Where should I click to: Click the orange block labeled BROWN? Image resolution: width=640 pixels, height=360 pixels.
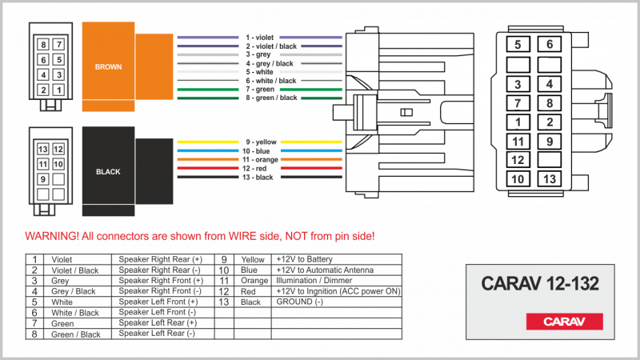[x=109, y=66]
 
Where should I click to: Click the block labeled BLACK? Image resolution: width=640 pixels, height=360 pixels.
[x=109, y=171]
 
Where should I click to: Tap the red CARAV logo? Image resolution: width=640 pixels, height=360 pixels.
[x=565, y=322]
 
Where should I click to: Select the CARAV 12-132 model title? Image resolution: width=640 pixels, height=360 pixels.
[x=540, y=283]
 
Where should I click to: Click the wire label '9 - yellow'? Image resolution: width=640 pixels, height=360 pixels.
[x=261, y=142]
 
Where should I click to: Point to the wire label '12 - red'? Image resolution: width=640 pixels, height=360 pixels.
[x=254, y=168]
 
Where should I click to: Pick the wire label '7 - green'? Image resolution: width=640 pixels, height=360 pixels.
[x=260, y=90]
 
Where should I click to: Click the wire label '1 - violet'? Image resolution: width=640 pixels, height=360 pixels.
[x=259, y=38]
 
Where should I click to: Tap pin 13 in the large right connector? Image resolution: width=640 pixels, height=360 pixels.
[x=550, y=178]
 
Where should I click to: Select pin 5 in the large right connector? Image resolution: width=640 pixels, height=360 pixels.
[x=518, y=44]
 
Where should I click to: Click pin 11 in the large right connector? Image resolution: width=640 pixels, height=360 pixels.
[x=518, y=142]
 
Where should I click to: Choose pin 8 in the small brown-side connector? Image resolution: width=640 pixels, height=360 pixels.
[x=43, y=45]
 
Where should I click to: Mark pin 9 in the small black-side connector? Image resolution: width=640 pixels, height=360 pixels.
[x=43, y=178]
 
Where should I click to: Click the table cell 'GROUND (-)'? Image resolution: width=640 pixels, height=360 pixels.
[x=299, y=302]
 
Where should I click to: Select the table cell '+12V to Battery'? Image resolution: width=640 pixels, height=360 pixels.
[x=305, y=259]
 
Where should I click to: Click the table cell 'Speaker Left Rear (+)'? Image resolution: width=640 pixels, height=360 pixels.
[x=158, y=323]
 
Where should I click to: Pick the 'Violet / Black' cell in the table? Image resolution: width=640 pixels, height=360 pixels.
[x=74, y=270]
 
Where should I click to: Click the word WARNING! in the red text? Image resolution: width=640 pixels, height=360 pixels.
[x=52, y=236]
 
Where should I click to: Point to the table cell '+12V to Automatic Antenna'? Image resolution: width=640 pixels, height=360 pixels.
[x=325, y=270]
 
